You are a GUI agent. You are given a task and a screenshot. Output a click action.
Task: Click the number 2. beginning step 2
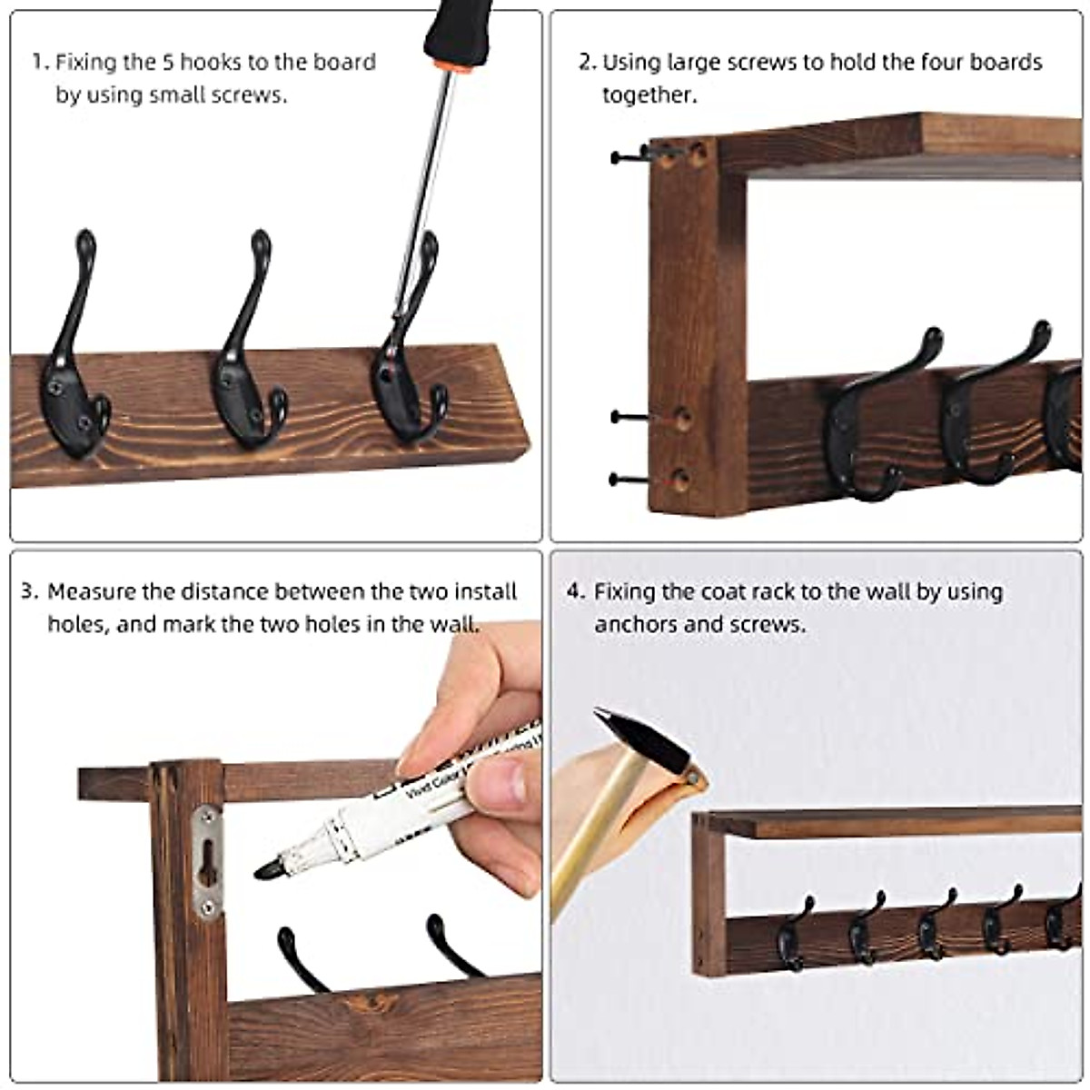pyautogui.click(x=588, y=63)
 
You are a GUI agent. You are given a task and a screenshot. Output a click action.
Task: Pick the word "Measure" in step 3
pyautogui.click(x=92, y=592)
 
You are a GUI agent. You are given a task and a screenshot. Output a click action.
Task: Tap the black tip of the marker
pyautogui.click(x=269, y=869)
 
